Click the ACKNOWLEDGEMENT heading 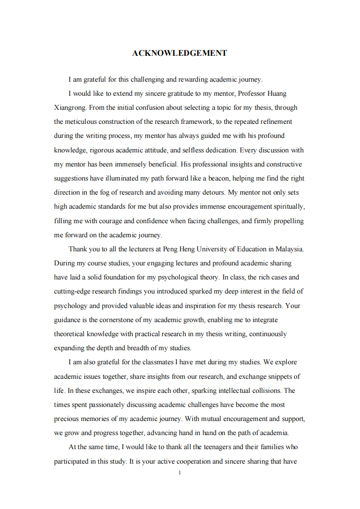coord(179,53)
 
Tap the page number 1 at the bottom coord(180,473)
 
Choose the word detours coord(212,192)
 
